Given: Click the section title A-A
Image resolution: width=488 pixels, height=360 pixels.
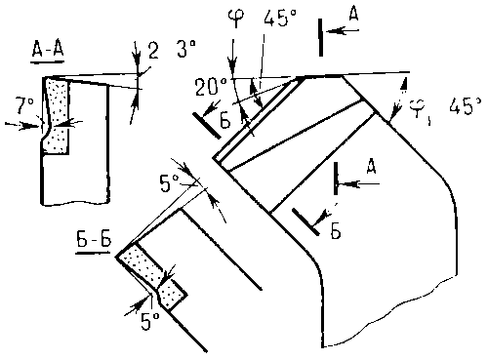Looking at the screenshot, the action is pyautogui.click(x=48, y=51).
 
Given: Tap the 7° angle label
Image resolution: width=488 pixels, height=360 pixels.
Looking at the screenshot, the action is pyautogui.click(x=25, y=105).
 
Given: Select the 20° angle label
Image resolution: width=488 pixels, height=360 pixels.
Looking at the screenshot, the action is pyautogui.click(x=211, y=87).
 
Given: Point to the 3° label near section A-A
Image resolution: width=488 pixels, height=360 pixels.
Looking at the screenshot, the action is pyautogui.click(x=186, y=49).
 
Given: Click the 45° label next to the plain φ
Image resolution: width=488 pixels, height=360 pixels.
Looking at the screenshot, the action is pyautogui.click(x=280, y=18).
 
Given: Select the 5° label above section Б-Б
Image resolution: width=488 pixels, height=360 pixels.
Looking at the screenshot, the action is pyautogui.click(x=169, y=182).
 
